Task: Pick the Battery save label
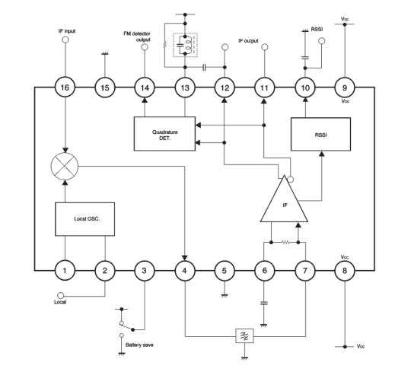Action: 139,345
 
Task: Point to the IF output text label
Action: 248,41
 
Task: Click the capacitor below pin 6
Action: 264,303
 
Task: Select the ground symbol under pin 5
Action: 225,296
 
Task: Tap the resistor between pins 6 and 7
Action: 285,242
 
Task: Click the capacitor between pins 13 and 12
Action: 205,67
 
